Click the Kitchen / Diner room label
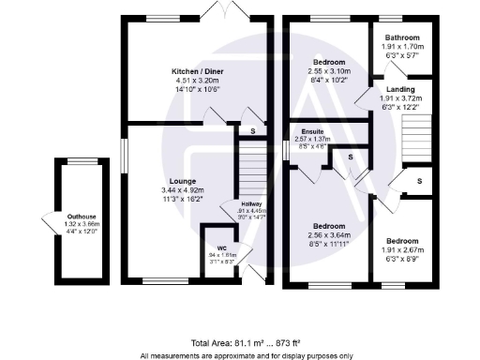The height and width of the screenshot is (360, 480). click(x=197, y=71)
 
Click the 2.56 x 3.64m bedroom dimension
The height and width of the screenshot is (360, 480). click(x=329, y=235)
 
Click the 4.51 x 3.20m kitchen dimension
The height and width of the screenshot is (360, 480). click(x=197, y=82)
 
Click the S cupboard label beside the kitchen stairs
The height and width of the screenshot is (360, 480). click(x=251, y=129)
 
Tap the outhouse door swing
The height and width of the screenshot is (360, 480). click(x=47, y=225)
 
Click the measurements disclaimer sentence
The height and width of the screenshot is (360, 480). click(x=246, y=354)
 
